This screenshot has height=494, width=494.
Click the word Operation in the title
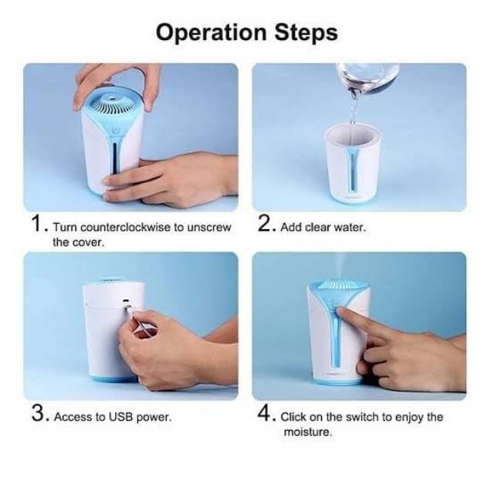(x=211, y=33)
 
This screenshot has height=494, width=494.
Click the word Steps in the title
(x=306, y=32)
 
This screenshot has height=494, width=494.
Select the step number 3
(x=38, y=413)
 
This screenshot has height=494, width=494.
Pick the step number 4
(x=265, y=413)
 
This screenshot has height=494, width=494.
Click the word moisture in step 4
(x=307, y=431)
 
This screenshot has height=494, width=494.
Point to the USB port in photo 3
(x=126, y=301)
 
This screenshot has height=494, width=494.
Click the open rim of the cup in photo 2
(x=353, y=133)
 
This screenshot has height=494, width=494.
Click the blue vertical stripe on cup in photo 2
(x=351, y=169)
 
